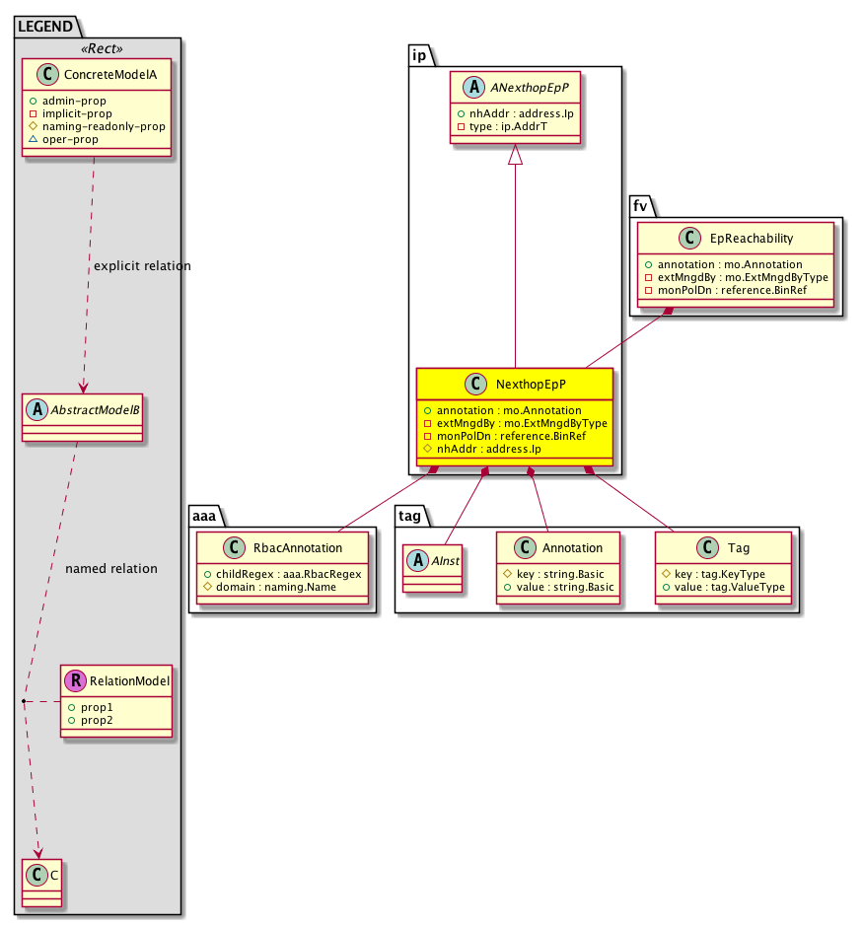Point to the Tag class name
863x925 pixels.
coord(737,548)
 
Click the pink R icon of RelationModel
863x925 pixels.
coord(74,680)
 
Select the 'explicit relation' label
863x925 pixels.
coord(142,266)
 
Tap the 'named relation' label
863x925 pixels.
coord(110,569)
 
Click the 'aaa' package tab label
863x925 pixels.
coord(204,514)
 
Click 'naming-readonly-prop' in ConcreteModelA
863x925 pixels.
coord(108,126)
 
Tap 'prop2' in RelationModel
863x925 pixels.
coord(97,720)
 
